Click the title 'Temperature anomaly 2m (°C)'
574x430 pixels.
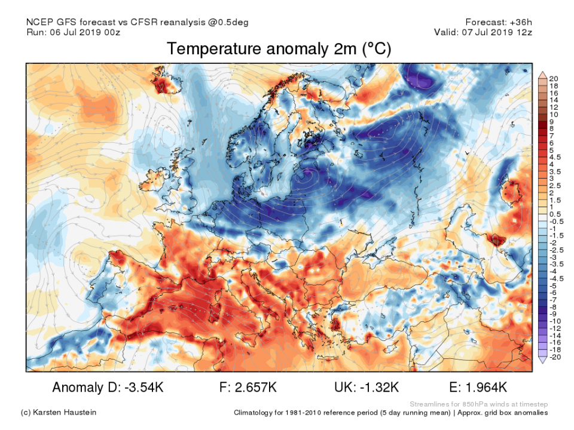click(279, 49)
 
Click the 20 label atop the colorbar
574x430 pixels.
click(554, 78)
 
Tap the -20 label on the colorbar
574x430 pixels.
click(555, 357)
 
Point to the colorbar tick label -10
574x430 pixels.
click(555, 321)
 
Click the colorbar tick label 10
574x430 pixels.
click(554, 114)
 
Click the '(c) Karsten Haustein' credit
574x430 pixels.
click(58, 413)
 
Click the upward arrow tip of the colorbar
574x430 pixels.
click(542, 73)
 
